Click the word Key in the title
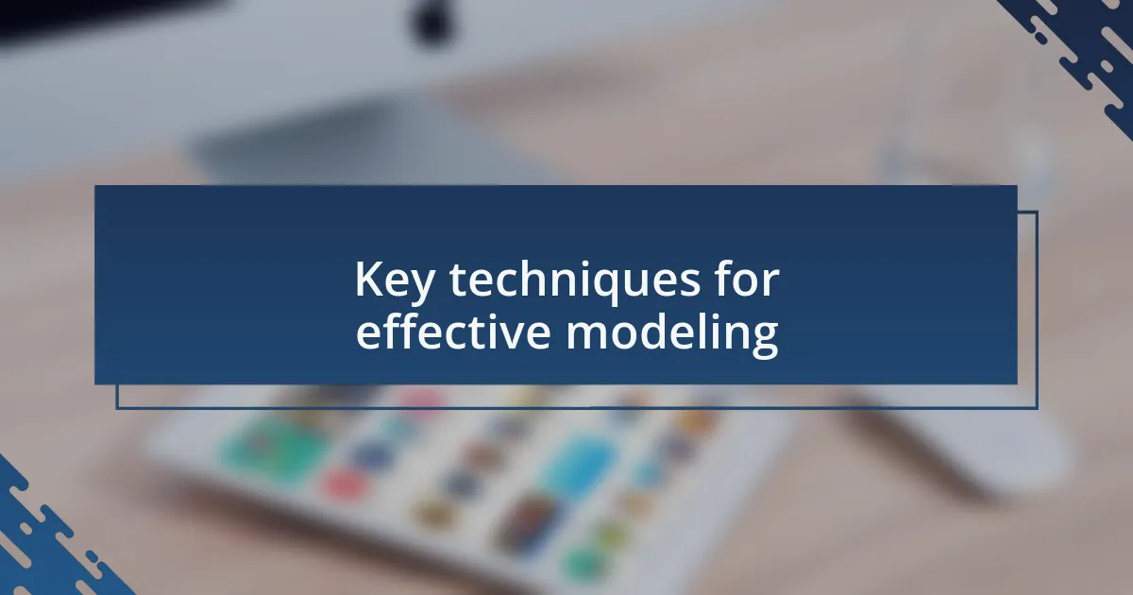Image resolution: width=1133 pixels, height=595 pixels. pyautogui.click(x=395, y=280)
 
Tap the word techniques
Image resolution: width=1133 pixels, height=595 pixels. pyautogui.click(x=575, y=280)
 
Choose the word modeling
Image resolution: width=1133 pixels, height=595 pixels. pyautogui.click(x=672, y=334)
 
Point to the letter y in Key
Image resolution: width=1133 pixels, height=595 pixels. pyautogui.click(x=421, y=287)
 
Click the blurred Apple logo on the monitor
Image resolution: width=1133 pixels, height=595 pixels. pyautogui.click(x=431, y=22)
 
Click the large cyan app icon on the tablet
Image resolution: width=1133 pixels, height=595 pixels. pyautogui.click(x=578, y=463)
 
